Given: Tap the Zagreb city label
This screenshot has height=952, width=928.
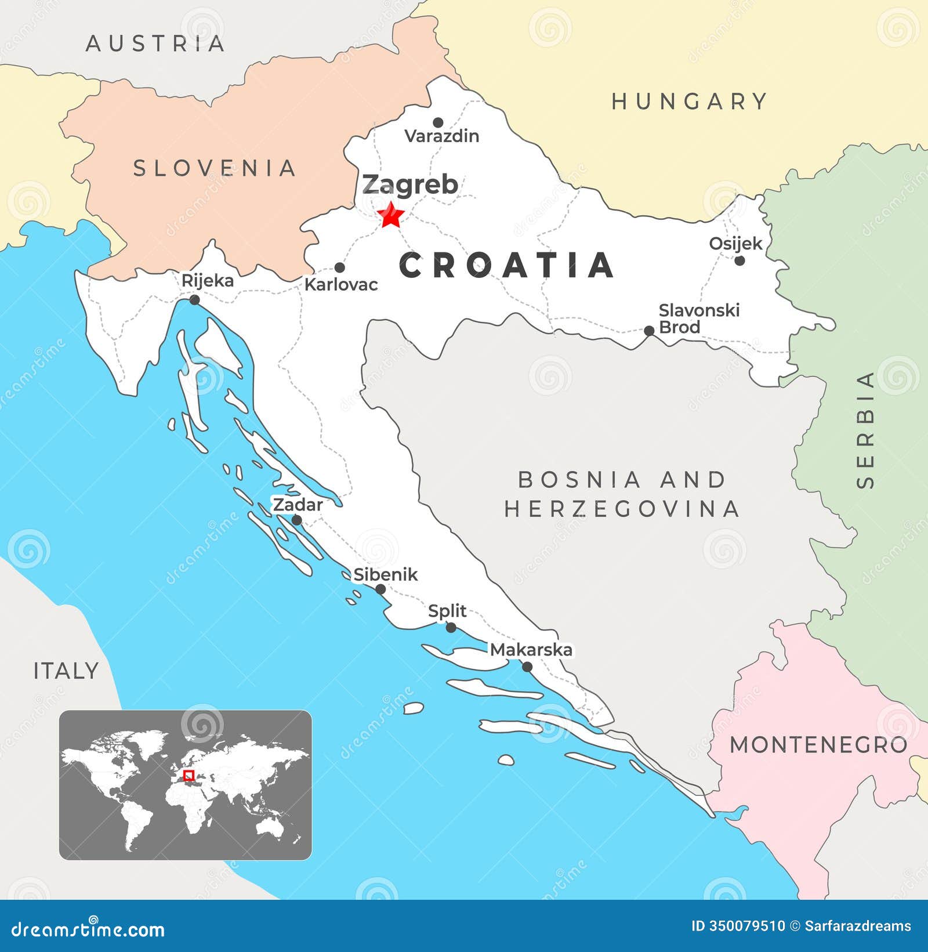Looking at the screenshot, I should pos(410,184).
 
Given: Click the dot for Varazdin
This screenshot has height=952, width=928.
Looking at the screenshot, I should pos(438,122).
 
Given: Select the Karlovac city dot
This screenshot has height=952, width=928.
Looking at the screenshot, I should pos(340,267).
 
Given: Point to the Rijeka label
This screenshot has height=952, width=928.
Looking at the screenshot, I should pos(208,281).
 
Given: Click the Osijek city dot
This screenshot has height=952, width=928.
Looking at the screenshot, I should pos(739,260).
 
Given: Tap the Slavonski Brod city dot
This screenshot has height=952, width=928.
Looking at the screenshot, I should pos(649,331).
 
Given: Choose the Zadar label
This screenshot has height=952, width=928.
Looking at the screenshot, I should pos(298,505).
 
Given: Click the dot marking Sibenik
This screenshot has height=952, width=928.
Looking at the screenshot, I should pos(380,589).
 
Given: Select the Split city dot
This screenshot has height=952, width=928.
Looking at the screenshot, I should pos(451,628).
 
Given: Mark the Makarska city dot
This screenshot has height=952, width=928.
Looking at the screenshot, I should pos(527,667).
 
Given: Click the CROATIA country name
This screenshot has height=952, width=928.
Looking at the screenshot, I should pos(506,266).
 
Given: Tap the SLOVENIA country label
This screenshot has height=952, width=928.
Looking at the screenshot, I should pos(215,168).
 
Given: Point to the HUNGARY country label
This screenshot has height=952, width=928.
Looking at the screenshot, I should pos(690,102).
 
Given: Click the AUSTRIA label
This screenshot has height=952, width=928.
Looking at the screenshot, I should pos(155,44).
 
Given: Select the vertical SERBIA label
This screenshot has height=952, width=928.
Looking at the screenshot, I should pos(865,430).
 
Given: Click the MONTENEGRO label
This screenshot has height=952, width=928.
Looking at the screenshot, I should pos(818,745).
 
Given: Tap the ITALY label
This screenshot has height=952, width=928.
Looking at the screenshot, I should pos(66,671).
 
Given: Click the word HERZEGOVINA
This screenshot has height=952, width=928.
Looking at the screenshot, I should pos(622,509).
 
